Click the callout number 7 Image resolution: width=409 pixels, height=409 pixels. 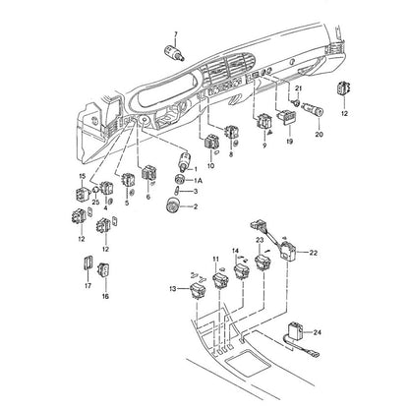[x=176, y=34]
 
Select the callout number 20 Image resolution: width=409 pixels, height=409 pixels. [x=319, y=135]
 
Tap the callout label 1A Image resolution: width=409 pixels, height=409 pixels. [x=198, y=181]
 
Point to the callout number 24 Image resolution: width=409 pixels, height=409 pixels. [x=317, y=332]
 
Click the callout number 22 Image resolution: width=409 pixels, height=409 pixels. [x=314, y=253]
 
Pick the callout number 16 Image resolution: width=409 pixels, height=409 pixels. [x=105, y=297]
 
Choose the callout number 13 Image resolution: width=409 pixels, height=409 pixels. [x=173, y=289]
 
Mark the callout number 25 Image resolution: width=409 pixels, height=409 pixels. [x=95, y=203]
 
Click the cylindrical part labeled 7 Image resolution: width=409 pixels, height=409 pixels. [x=174, y=53]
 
